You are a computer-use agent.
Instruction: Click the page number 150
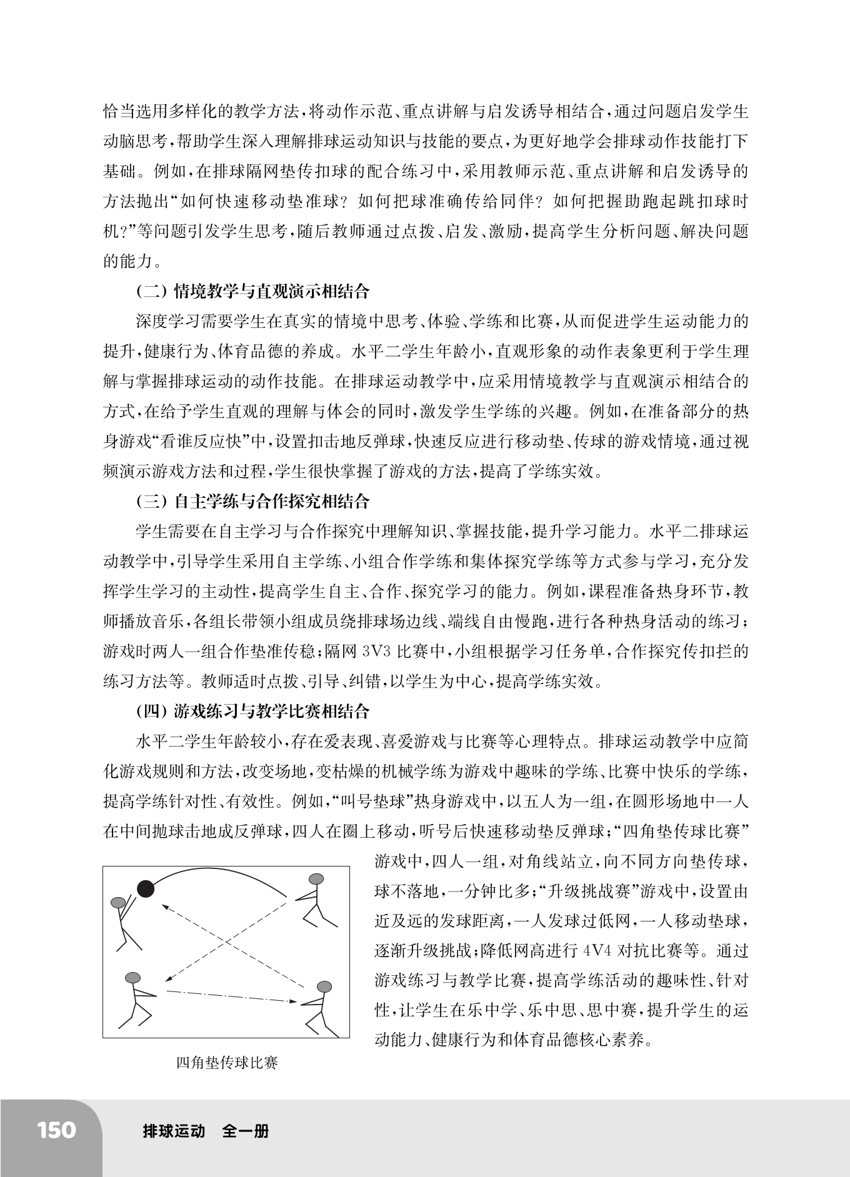pos(56,1130)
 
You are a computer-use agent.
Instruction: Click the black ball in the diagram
pos(146,889)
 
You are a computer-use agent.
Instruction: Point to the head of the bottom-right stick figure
pos(324,988)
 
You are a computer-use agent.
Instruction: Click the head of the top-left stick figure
pos(118,902)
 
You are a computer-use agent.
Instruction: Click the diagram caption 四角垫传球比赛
pos(227,1063)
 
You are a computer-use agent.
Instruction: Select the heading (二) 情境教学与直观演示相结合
pos(252,291)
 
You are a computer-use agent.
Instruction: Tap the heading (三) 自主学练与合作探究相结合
pos(252,501)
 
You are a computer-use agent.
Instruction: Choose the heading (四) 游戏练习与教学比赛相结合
pos(252,711)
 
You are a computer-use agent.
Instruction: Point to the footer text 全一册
pos(246,1131)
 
